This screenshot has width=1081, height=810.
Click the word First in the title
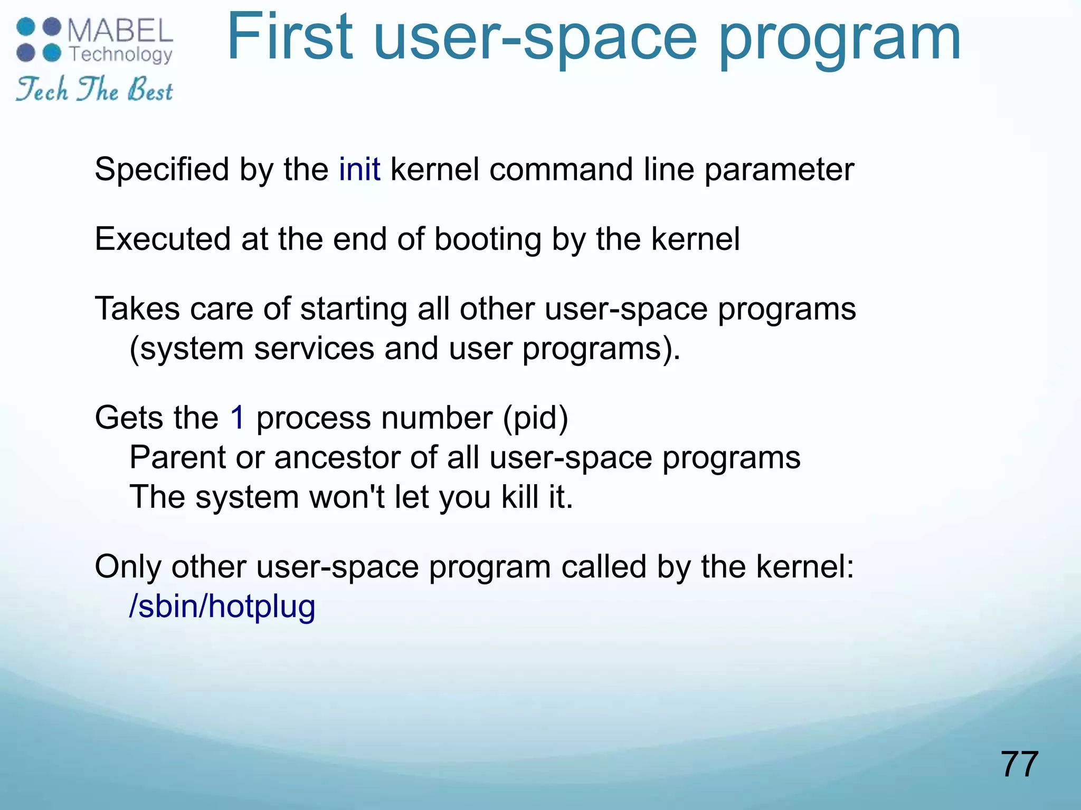(289, 38)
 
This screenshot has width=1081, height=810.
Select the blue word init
(359, 169)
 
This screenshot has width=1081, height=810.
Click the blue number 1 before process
(238, 418)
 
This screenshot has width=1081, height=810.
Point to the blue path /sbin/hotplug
(222, 606)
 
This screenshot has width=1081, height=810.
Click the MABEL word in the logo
(120, 31)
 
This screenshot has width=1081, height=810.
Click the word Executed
(163, 239)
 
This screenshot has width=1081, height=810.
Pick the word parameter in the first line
(779, 170)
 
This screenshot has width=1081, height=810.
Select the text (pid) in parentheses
(535, 418)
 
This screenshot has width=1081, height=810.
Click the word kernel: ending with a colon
(804, 567)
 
